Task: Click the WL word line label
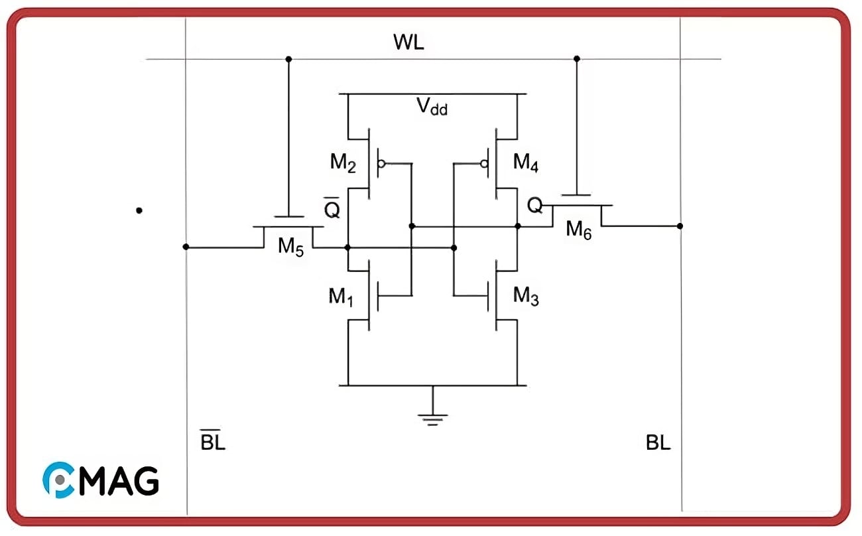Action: (x=408, y=43)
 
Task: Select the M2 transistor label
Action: (x=343, y=163)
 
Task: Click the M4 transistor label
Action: (x=526, y=163)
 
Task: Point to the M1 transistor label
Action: (x=341, y=297)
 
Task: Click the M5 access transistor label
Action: (x=290, y=247)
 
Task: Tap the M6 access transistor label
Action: (x=578, y=230)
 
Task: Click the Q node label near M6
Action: (x=534, y=206)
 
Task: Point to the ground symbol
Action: (x=432, y=419)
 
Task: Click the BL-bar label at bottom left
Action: (x=213, y=441)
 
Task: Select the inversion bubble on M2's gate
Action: (x=381, y=163)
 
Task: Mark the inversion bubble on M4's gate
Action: (x=485, y=163)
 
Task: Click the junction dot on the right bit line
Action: (x=680, y=226)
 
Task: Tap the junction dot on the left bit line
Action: (x=186, y=247)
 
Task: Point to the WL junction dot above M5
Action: (x=288, y=59)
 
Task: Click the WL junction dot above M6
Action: (x=576, y=59)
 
